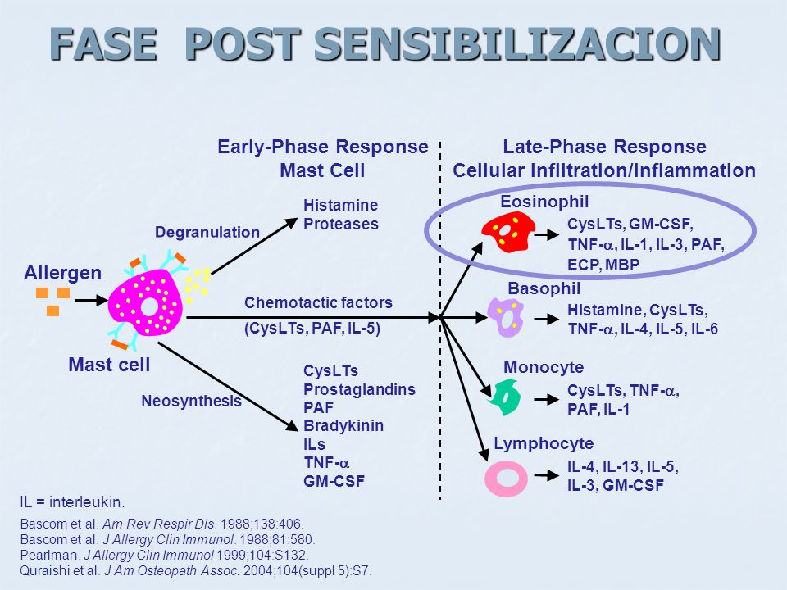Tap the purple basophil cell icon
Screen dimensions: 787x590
[x=507, y=318]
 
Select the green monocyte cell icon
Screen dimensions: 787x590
[x=506, y=397]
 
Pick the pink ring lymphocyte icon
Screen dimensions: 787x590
[x=506, y=479]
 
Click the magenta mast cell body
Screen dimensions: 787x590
[x=146, y=302]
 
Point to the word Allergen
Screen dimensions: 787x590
[x=63, y=273]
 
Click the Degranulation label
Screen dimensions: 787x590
[x=207, y=232]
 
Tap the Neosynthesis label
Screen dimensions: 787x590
[x=191, y=401]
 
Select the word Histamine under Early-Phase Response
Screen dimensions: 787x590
[x=341, y=205]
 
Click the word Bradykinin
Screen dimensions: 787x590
[x=343, y=425]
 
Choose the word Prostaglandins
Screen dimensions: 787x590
[x=359, y=389]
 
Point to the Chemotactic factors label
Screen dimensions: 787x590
[x=318, y=302]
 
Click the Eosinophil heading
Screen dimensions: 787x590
[x=544, y=202]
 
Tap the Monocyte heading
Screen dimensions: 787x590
[x=544, y=367]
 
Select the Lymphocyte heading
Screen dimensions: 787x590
[x=544, y=443]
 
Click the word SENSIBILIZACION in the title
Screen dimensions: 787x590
[x=517, y=44]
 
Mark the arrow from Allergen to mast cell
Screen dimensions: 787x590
[x=91, y=301]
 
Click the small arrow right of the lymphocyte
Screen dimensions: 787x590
[x=547, y=475]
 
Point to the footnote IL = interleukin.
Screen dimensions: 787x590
[x=72, y=501]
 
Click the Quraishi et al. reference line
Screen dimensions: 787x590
[x=196, y=571]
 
